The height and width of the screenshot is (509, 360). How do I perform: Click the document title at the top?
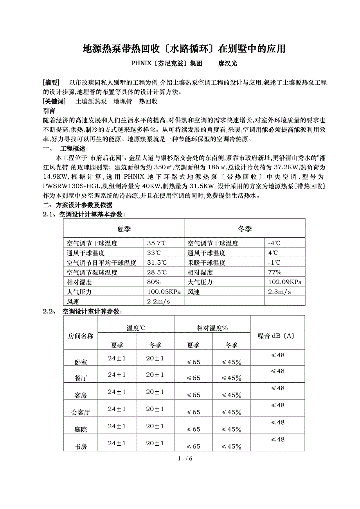click(x=184, y=49)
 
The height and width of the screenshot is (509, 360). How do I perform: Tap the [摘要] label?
click(x=51, y=82)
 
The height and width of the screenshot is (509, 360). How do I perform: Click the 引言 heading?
click(x=49, y=111)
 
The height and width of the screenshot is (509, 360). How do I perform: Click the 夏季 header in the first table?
click(x=124, y=228)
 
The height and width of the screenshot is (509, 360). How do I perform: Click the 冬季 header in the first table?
click(x=245, y=228)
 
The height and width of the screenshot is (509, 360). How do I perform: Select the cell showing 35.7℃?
click(x=159, y=243)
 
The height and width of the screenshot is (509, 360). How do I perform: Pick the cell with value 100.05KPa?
click(x=164, y=292)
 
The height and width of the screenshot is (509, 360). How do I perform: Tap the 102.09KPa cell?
click(x=284, y=282)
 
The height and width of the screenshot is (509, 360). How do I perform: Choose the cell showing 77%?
click(x=274, y=272)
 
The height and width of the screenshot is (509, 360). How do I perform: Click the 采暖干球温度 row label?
click(x=206, y=263)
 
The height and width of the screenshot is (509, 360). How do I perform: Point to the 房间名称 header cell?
click(x=81, y=336)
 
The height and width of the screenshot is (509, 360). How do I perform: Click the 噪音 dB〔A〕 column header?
click(x=277, y=336)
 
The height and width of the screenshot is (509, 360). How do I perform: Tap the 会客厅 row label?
click(x=81, y=412)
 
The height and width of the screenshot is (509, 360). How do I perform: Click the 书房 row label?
click(x=81, y=446)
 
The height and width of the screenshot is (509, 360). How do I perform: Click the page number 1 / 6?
click(x=185, y=458)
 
